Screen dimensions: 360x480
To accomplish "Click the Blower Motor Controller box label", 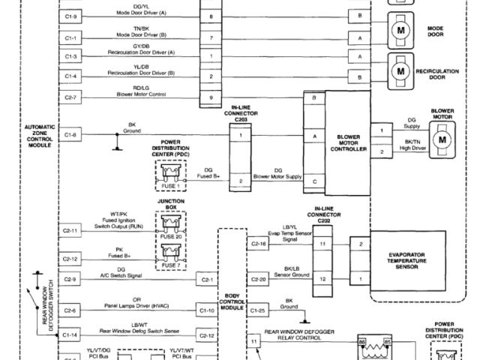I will click(x=349, y=142).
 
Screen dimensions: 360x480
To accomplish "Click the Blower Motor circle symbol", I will click(x=442, y=139).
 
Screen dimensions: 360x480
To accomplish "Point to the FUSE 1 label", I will click(x=170, y=186).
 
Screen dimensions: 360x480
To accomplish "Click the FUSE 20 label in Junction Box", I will click(x=170, y=236).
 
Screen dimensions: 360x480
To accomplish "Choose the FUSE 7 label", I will click(x=170, y=265).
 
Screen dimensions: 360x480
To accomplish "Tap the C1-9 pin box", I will click(x=70, y=16).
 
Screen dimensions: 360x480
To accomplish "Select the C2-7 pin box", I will click(x=70, y=97).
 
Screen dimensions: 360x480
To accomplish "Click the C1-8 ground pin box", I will click(x=70, y=135).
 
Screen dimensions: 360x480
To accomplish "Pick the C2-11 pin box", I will click(x=70, y=230).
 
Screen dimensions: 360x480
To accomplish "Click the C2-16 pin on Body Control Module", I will click(x=259, y=244).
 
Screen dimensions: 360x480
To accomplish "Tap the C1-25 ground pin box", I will click(x=259, y=310).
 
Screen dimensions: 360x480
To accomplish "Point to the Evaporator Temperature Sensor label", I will click(x=408, y=260).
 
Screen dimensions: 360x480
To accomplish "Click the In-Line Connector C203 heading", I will click(x=240, y=113).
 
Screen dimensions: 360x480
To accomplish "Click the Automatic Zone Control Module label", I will click(x=40, y=136).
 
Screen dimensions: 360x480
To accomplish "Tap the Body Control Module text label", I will click(x=232, y=302).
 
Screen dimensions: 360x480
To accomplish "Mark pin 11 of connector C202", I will click(x=323, y=244).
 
